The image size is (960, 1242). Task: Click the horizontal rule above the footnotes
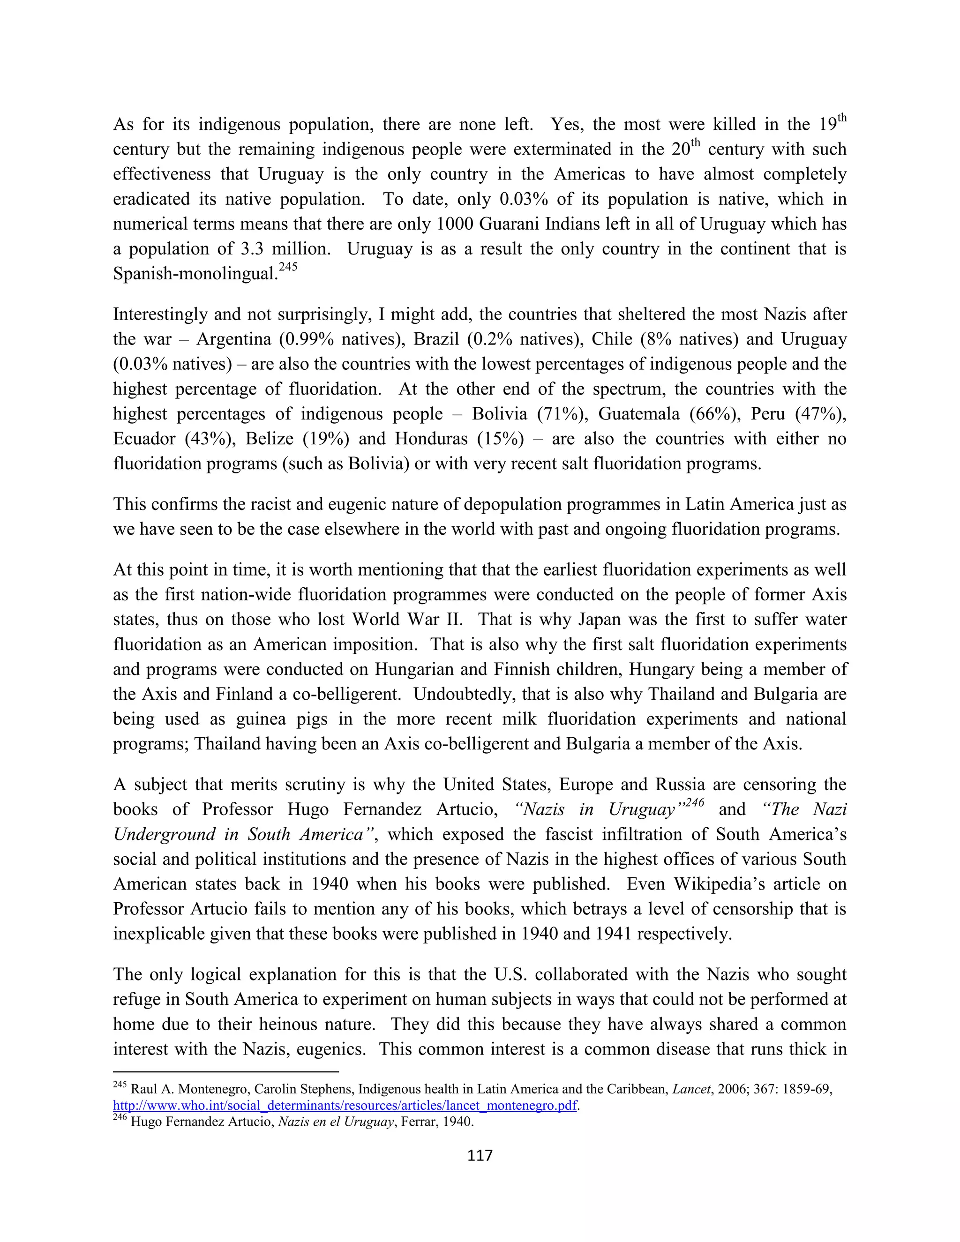coord(226,1072)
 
